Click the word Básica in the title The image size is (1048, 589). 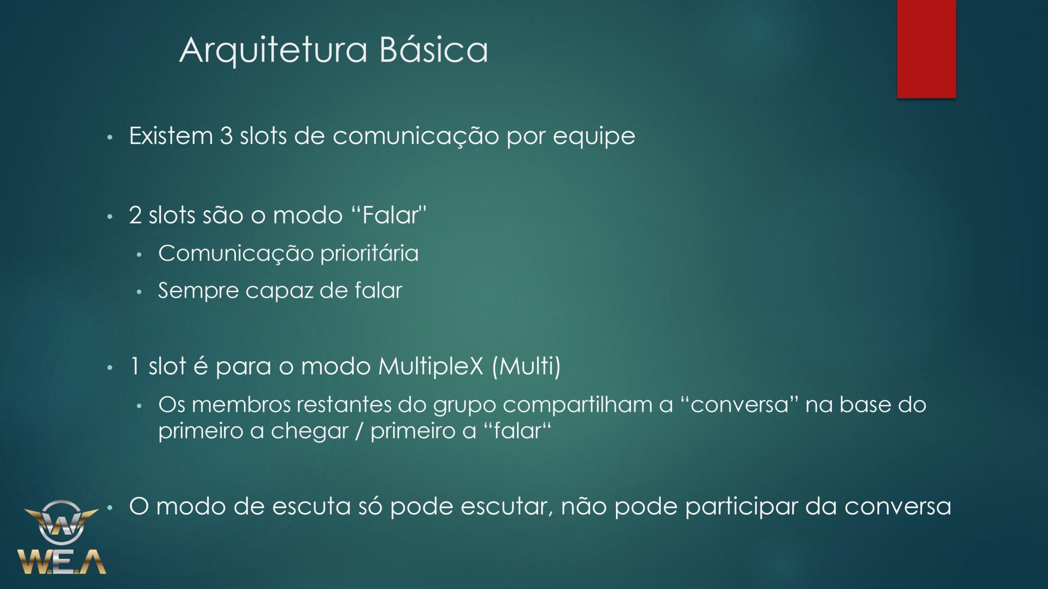coord(434,49)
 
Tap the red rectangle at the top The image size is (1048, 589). coord(926,49)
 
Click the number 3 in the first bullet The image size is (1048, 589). coord(226,136)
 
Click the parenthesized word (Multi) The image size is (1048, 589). coord(527,367)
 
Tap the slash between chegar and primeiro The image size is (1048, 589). coord(360,431)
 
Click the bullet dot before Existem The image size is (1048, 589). coord(110,138)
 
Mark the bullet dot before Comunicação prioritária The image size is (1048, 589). coord(139,255)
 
